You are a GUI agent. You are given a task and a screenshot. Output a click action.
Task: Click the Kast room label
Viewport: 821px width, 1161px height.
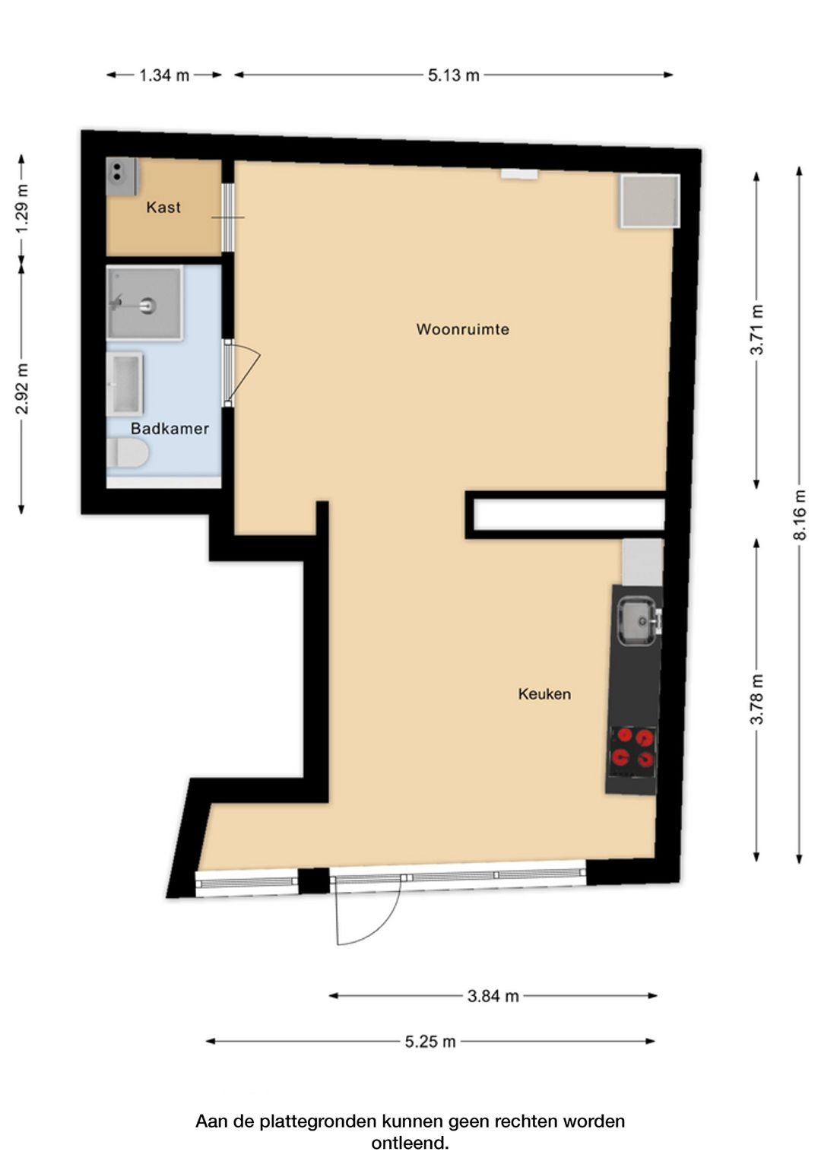pos(163,208)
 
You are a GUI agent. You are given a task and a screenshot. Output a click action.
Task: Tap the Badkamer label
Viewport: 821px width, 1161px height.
pos(170,429)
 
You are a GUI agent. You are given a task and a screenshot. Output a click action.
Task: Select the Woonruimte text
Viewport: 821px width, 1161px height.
pos(463,329)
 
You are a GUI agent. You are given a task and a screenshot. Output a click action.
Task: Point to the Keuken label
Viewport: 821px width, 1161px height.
pos(544,694)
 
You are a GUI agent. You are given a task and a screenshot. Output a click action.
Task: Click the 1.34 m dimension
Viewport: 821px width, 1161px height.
pos(163,76)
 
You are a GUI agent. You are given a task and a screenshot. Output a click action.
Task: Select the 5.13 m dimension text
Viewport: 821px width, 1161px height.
pos(454,76)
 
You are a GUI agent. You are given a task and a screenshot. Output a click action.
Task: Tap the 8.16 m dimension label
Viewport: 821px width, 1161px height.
pos(800,515)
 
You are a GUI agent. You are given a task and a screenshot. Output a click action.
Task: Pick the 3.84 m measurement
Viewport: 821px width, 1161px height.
pos(493,996)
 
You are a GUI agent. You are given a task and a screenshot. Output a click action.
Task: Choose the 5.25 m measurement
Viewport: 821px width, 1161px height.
pos(430,1042)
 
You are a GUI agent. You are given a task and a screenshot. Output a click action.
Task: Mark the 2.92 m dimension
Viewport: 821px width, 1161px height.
pos(22,389)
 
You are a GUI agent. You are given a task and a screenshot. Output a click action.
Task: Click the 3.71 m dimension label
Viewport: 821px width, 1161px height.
pos(757,330)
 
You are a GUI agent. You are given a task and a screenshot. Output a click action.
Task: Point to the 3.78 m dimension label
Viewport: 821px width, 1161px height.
pos(757,699)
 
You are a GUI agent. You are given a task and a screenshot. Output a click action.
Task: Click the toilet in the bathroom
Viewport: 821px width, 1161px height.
pos(128,453)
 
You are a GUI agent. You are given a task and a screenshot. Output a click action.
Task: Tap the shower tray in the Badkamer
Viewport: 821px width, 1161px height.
pos(144,303)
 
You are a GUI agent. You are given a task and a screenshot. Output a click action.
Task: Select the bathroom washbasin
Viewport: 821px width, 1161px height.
pos(125,384)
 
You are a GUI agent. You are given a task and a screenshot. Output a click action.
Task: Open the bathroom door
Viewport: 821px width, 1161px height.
pos(242,373)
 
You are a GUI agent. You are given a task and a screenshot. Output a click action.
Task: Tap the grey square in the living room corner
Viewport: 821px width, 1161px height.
pos(650,201)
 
